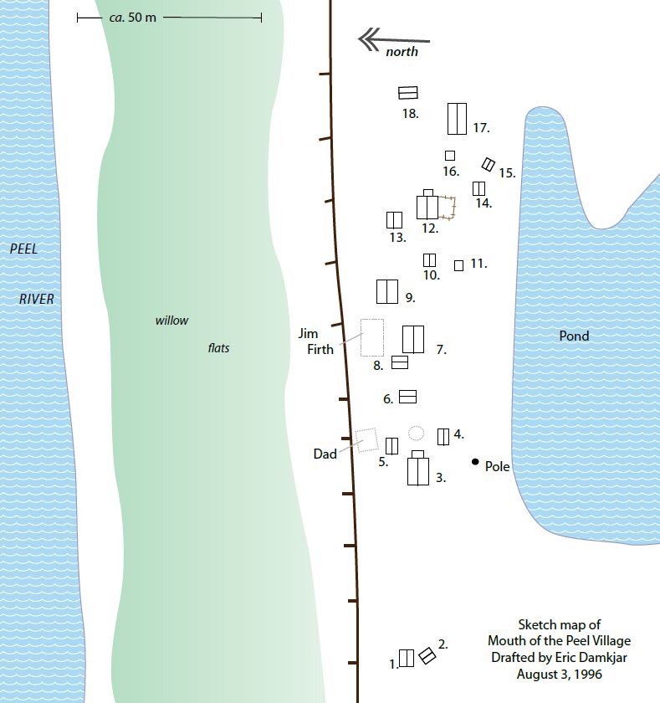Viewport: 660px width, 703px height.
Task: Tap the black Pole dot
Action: (x=475, y=462)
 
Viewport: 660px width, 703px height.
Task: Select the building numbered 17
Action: (x=457, y=118)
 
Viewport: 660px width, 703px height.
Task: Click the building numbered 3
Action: (x=418, y=470)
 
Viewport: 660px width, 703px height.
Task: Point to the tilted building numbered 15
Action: (x=489, y=165)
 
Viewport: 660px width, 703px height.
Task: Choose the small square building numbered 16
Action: (x=450, y=156)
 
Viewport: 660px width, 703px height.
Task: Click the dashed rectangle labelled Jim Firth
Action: (x=372, y=336)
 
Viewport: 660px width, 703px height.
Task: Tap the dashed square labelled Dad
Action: (x=366, y=440)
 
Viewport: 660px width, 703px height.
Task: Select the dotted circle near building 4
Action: (x=416, y=433)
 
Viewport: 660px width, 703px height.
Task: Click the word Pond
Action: (x=574, y=336)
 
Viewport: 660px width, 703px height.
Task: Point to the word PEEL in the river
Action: (x=24, y=249)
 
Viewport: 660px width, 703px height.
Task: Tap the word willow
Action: (x=171, y=321)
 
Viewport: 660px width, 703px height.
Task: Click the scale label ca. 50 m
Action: (x=133, y=17)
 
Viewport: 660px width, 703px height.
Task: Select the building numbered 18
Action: (x=408, y=93)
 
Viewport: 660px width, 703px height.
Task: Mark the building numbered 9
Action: (x=386, y=291)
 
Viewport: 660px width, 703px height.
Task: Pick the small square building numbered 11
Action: (x=458, y=265)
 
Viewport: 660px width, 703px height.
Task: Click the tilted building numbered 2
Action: (x=427, y=655)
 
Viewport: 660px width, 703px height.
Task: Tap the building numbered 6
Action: (x=407, y=397)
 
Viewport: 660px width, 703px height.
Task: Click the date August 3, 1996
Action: (x=559, y=674)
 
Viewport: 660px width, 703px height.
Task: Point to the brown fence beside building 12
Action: (x=449, y=208)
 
